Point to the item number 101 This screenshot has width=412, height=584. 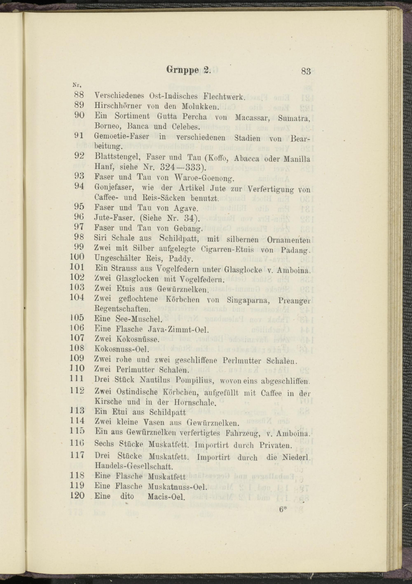[77, 267]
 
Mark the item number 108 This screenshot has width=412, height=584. [77, 348]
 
